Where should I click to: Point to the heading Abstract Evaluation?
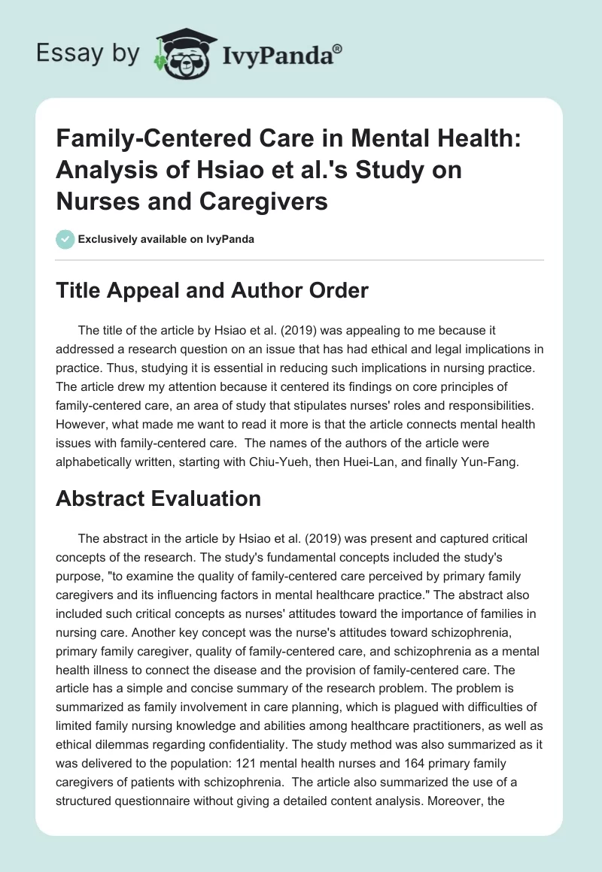[158, 498]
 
